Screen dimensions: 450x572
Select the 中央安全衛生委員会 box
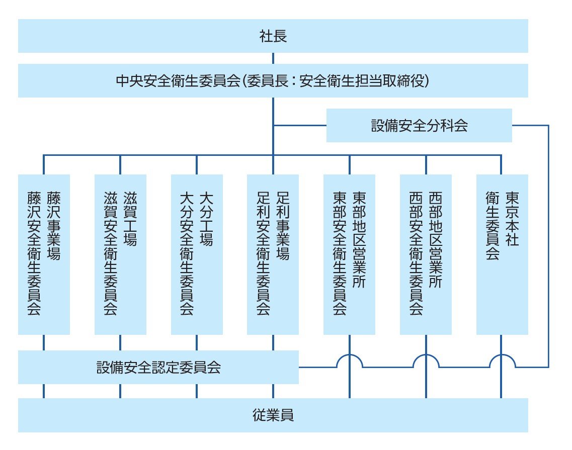[x=273, y=80]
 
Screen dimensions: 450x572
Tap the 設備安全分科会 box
[x=419, y=126]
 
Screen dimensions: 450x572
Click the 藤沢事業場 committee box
[x=44, y=254]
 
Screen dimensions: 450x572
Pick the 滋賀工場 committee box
[x=120, y=254]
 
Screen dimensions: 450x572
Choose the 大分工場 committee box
[x=197, y=254]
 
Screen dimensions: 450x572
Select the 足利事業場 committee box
[x=273, y=254]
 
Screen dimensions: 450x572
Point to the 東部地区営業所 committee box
[x=349, y=254]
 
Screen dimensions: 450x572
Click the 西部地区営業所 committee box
[x=426, y=254]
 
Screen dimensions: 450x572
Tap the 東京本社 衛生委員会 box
[x=502, y=254]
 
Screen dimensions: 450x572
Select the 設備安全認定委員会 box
[x=158, y=368]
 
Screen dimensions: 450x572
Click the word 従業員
[x=273, y=415]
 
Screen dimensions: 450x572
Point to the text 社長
[x=273, y=36]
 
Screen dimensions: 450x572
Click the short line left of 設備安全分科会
[x=300, y=125]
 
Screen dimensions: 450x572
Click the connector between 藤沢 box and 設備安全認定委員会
[x=44, y=343]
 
